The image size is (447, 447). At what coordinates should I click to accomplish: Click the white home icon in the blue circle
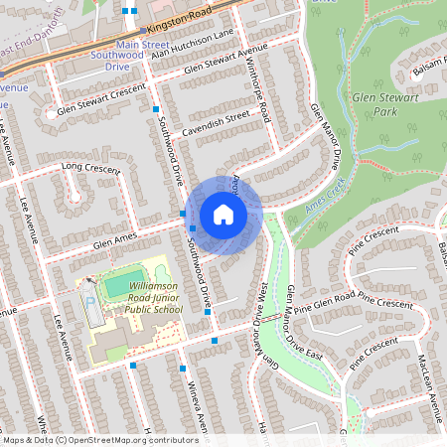point(223,214)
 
